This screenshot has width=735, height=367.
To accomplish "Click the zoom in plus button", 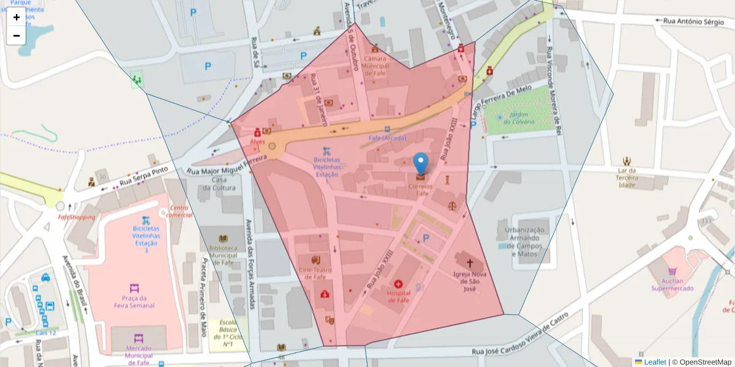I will click(x=17, y=17).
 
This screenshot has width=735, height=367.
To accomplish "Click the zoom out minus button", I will click(x=17, y=35).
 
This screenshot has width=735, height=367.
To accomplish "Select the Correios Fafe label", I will click(x=421, y=190).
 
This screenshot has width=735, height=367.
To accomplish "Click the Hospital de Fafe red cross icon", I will click(x=399, y=284).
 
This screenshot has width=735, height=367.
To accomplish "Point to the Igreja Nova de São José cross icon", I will click(x=470, y=263).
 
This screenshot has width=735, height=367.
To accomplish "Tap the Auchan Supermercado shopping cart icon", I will click(x=673, y=271).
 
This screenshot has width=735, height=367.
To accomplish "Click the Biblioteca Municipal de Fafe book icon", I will click(x=223, y=239).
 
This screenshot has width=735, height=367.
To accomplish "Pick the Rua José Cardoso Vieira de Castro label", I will click(x=521, y=335).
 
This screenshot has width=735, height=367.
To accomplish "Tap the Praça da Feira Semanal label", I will click(x=134, y=302).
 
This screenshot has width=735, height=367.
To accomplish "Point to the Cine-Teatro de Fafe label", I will click(x=316, y=273).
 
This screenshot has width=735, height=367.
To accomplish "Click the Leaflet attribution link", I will click(x=654, y=362).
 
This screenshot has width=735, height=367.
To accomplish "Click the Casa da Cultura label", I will click(x=219, y=183).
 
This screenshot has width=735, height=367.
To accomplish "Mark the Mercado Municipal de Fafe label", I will click(x=138, y=351).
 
